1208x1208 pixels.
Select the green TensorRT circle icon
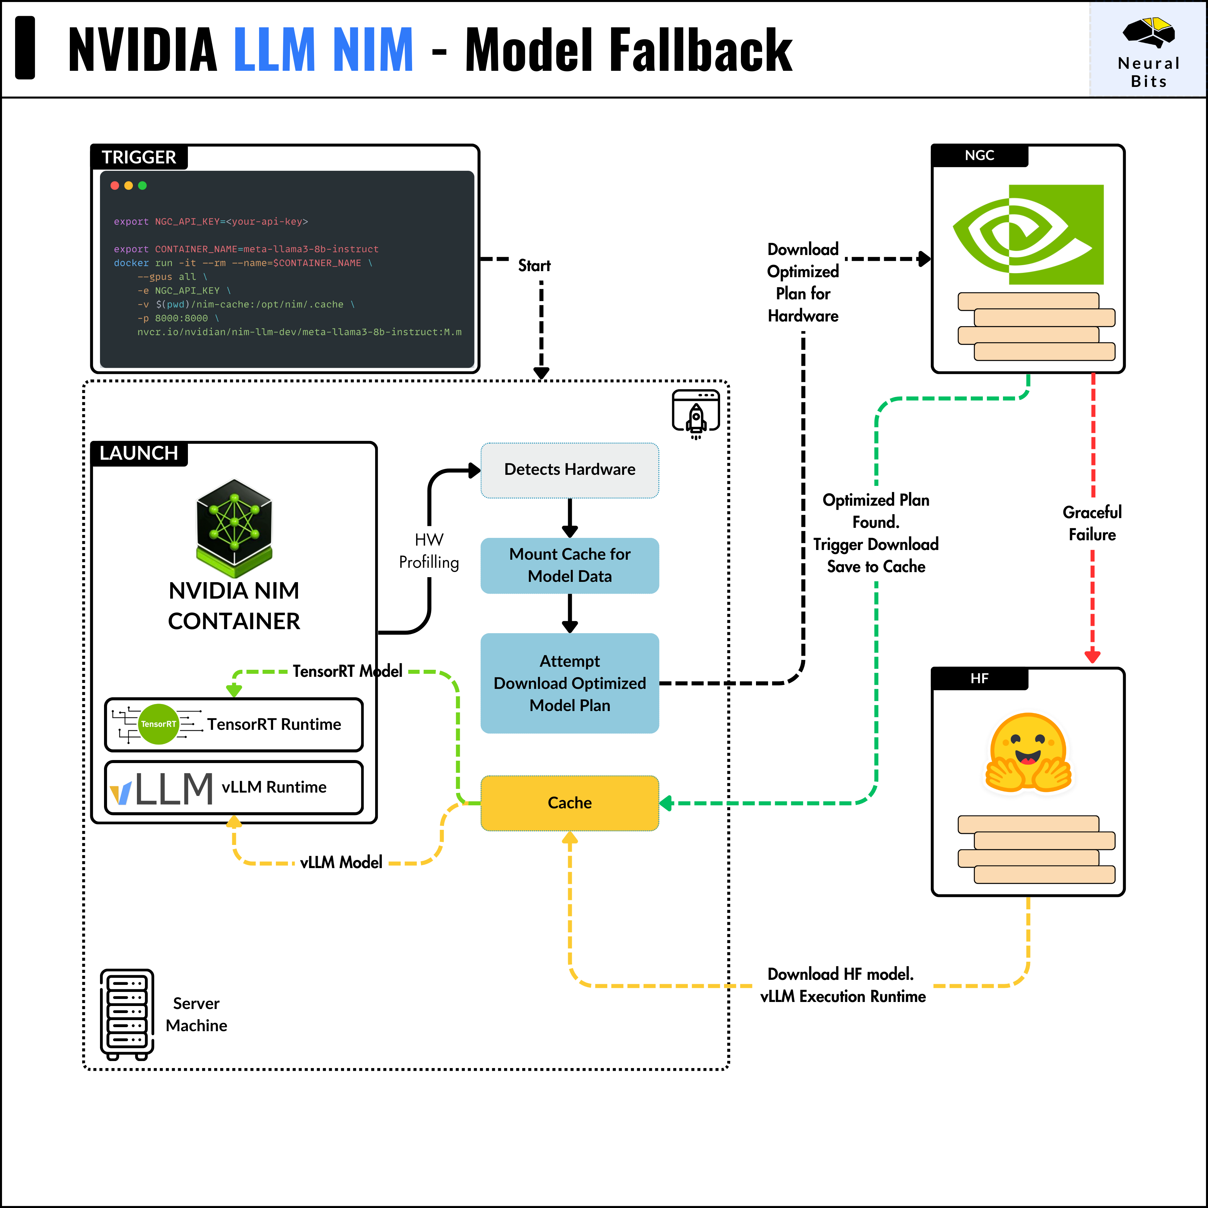click(x=158, y=724)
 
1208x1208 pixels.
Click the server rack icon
click(x=127, y=1013)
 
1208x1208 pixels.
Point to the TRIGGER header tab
click(x=139, y=157)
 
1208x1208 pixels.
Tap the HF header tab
click(x=979, y=678)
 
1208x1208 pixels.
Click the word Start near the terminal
click(x=534, y=266)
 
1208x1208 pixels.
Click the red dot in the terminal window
click(x=114, y=186)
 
